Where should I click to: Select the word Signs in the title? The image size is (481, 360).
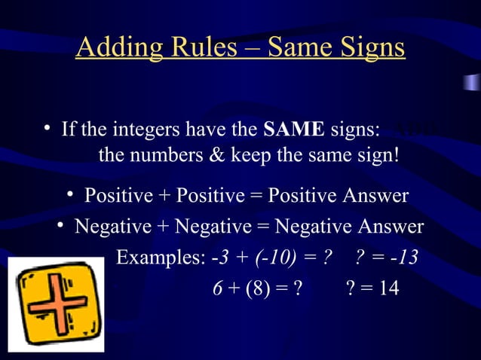[x=369, y=48]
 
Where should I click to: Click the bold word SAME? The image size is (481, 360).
[x=294, y=130]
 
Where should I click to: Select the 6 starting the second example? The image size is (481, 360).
[x=216, y=288]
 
